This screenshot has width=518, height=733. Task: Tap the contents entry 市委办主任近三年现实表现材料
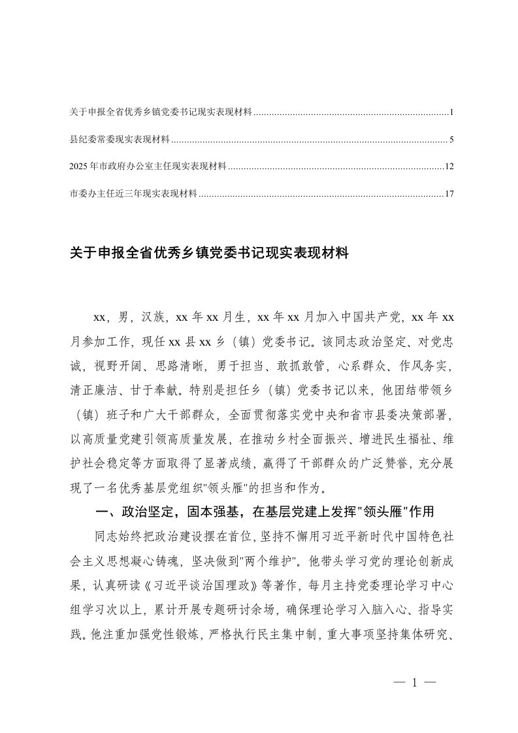pos(133,193)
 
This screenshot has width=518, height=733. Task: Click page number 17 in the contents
pos(448,193)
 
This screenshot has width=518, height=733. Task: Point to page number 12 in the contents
pos(448,167)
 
